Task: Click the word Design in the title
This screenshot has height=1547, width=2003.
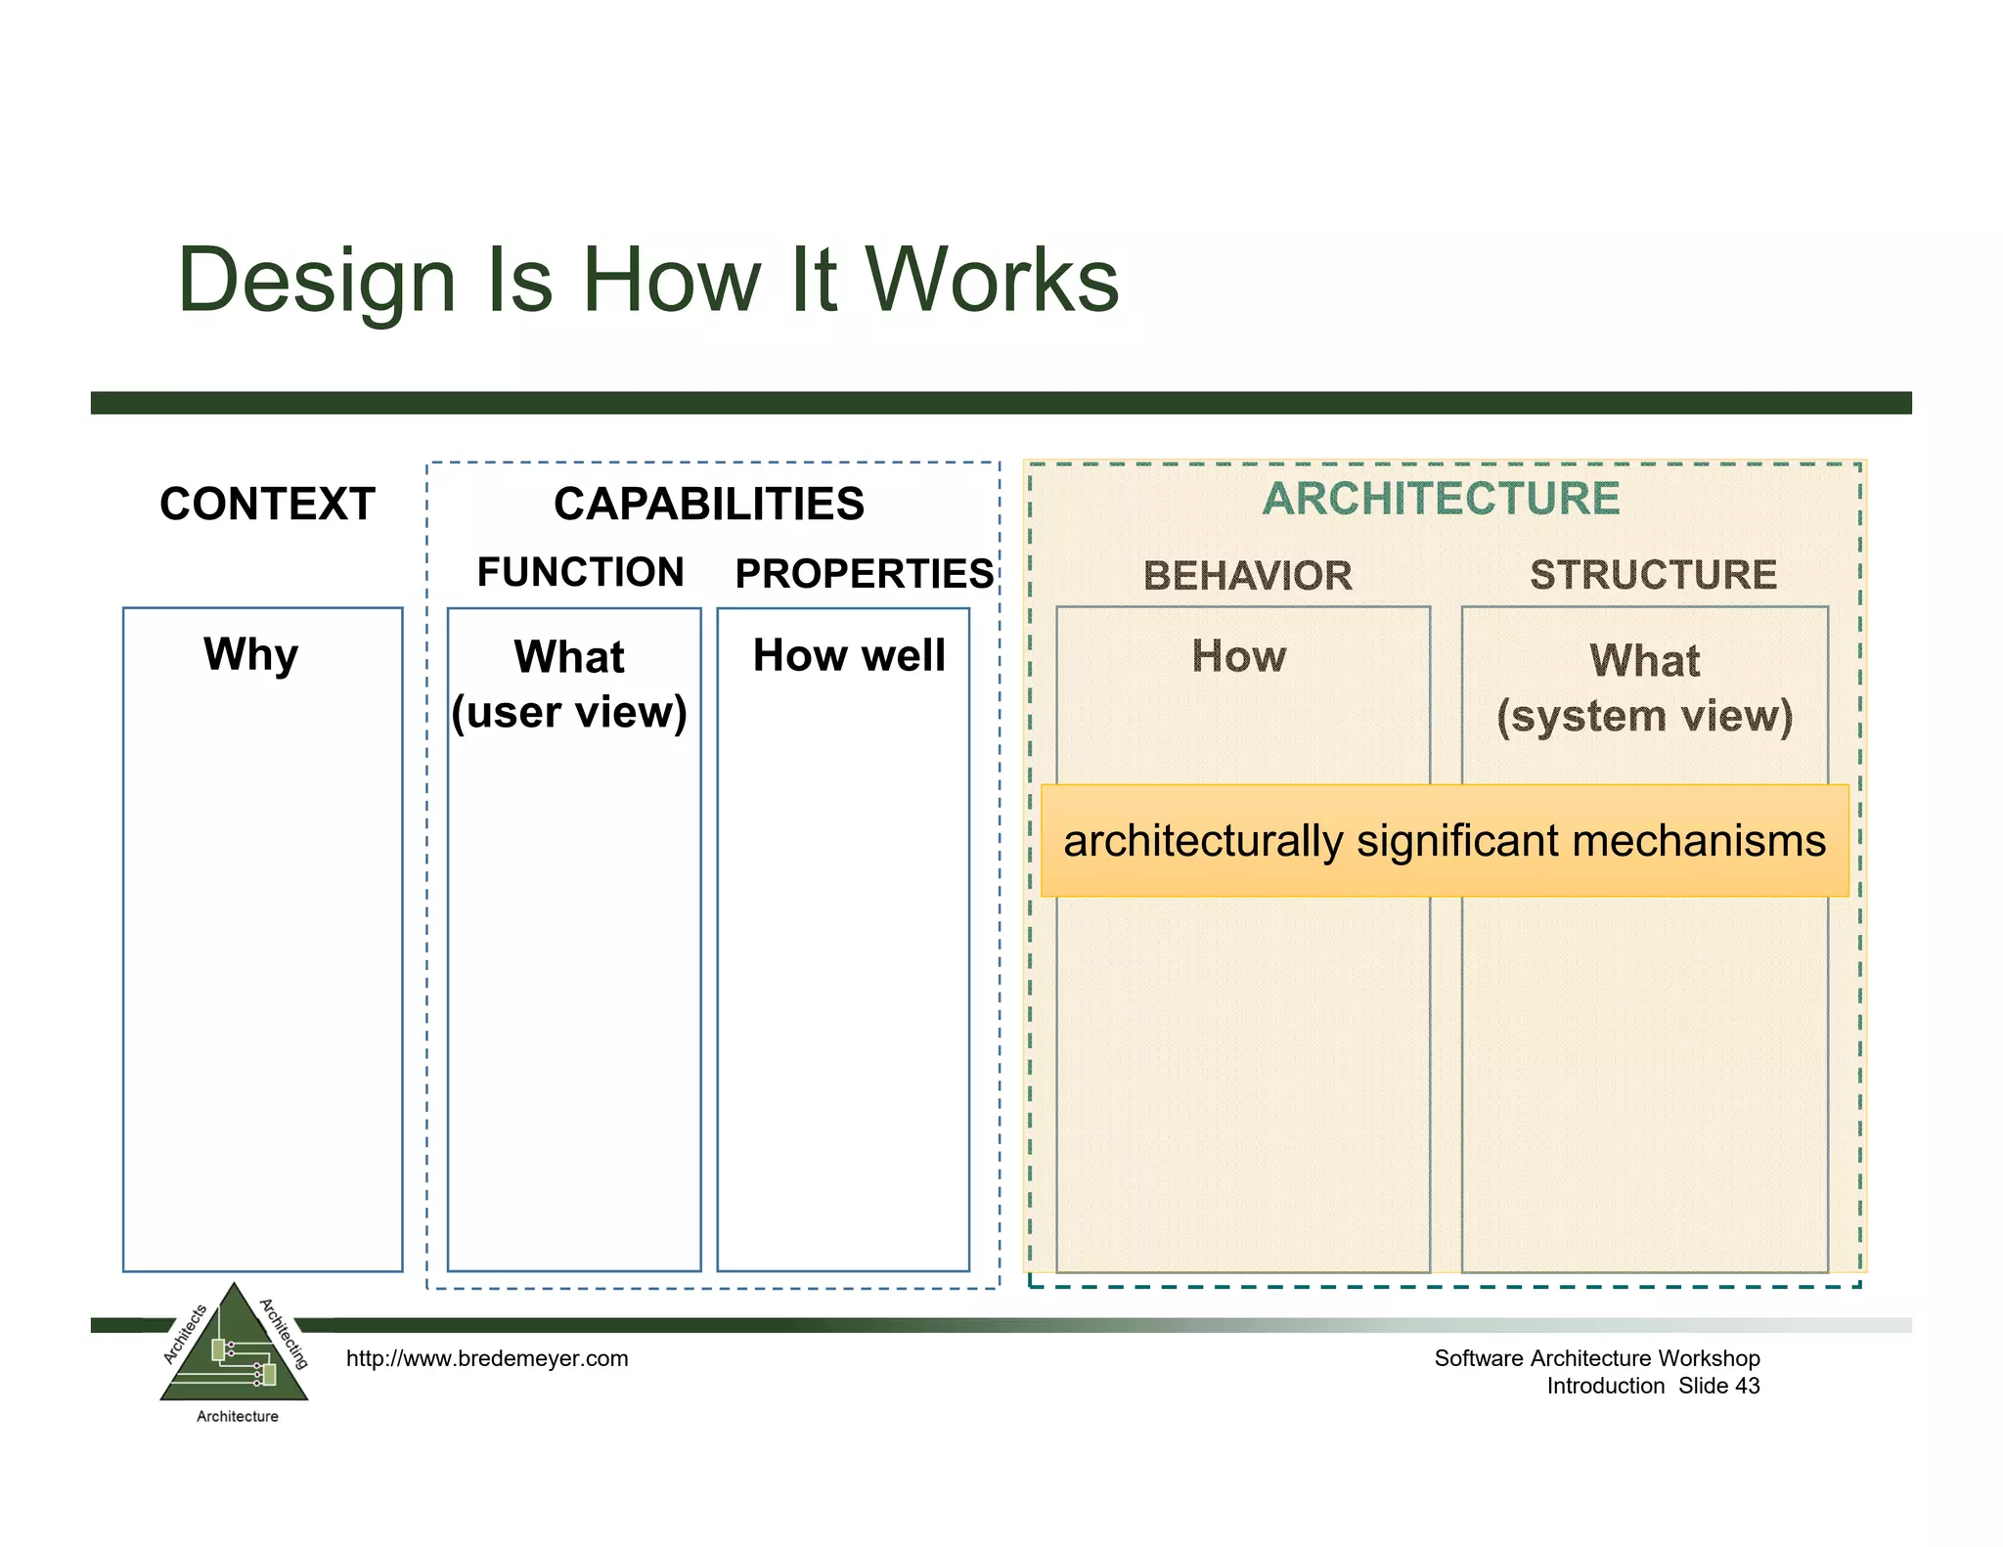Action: click(317, 282)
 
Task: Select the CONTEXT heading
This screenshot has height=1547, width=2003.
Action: click(267, 505)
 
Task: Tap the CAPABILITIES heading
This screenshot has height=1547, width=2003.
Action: click(709, 505)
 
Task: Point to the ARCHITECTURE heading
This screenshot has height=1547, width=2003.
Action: click(1441, 499)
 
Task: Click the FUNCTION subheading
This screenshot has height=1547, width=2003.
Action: click(580, 572)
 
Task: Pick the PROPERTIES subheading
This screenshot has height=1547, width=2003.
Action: click(864, 574)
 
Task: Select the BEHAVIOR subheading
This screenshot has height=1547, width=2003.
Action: click(1248, 576)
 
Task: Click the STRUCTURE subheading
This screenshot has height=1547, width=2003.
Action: click(1653, 575)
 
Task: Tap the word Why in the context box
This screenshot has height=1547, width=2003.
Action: click(251, 654)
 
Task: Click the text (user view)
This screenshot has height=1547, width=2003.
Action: click(569, 712)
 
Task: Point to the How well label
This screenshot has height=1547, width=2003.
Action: click(849, 655)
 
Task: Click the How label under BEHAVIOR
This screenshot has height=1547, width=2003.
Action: click(1239, 656)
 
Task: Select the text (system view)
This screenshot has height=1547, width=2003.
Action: click(1645, 716)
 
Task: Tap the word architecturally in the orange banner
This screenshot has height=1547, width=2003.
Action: click(1203, 841)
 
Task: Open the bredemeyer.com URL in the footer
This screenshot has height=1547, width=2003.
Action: click(487, 1358)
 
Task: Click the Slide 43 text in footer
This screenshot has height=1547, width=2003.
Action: click(1718, 1386)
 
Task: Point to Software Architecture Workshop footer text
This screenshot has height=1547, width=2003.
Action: click(1596, 1358)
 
